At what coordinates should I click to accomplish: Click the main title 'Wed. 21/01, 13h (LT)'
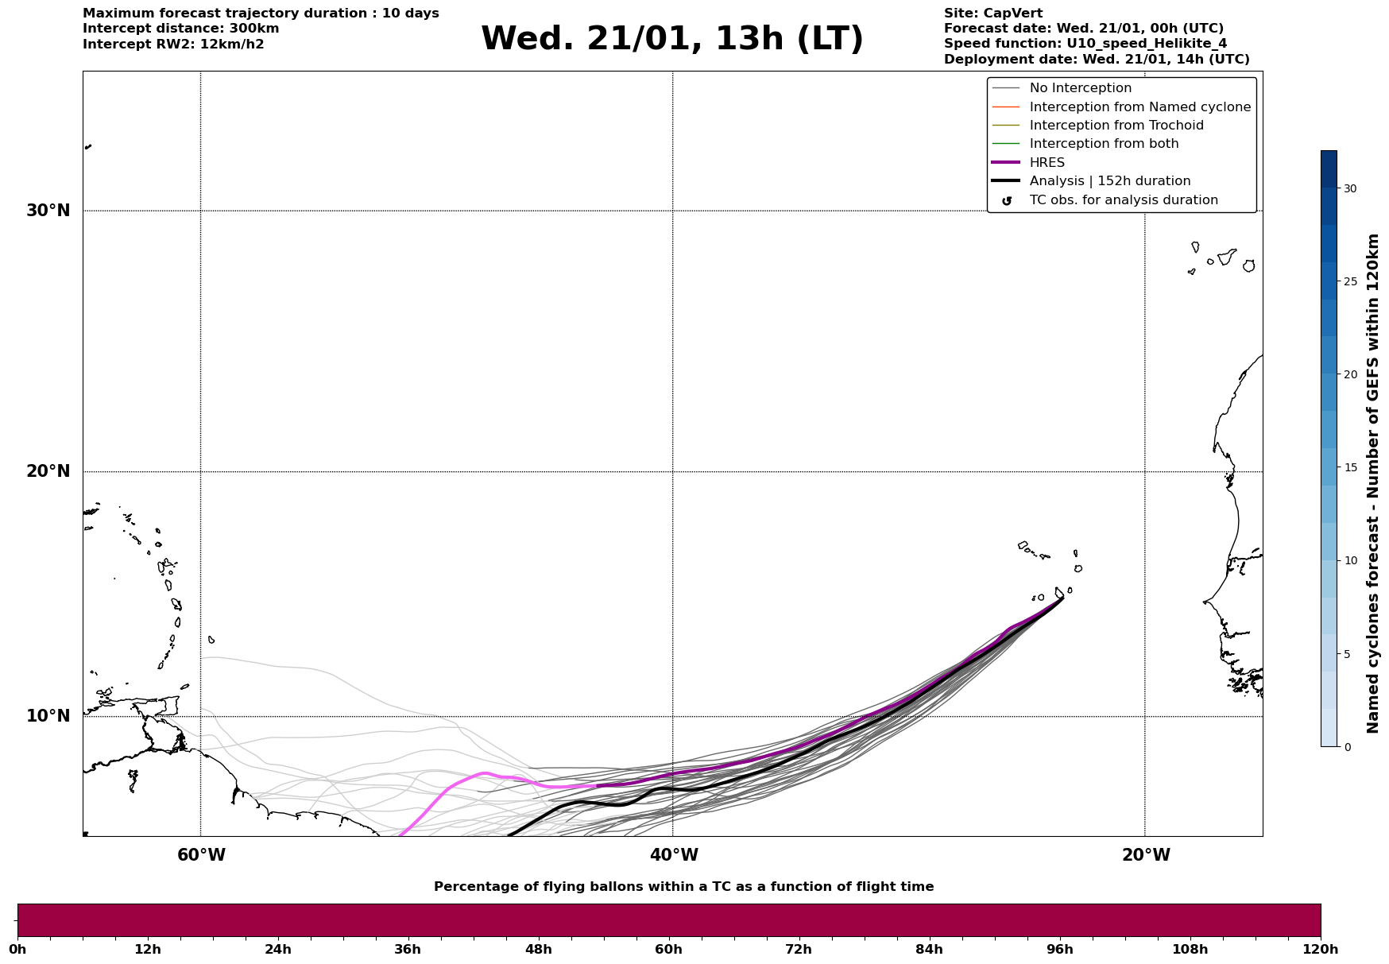[x=671, y=39]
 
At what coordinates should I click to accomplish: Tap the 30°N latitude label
[x=48, y=211]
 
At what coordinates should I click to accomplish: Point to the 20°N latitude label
[x=48, y=471]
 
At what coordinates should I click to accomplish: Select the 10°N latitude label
[x=48, y=716]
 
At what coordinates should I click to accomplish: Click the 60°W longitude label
[x=201, y=855]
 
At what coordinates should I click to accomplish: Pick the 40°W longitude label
[x=674, y=855]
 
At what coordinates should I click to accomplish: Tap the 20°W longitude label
[x=1146, y=855]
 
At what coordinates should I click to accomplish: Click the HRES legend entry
[x=1047, y=163]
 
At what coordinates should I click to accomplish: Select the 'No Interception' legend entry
[x=1080, y=88]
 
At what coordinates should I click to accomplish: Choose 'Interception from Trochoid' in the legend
[x=1116, y=126]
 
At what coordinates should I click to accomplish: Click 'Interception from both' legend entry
[x=1104, y=144]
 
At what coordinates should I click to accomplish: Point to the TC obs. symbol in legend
[x=1007, y=201]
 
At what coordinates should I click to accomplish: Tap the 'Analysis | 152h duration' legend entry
[x=1109, y=181]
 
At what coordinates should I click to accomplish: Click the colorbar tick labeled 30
[x=1349, y=188]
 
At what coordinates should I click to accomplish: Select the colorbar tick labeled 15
[x=1349, y=467]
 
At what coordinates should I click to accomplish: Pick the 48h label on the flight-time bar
[x=538, y=949]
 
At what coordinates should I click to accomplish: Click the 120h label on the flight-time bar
[x=1321, y=949]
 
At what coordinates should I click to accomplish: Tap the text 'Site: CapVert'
[x=992, y=14]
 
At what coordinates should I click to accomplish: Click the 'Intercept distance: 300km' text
[x=180, y=29]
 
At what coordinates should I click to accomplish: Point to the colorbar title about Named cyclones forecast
[x=1372, y=483]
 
